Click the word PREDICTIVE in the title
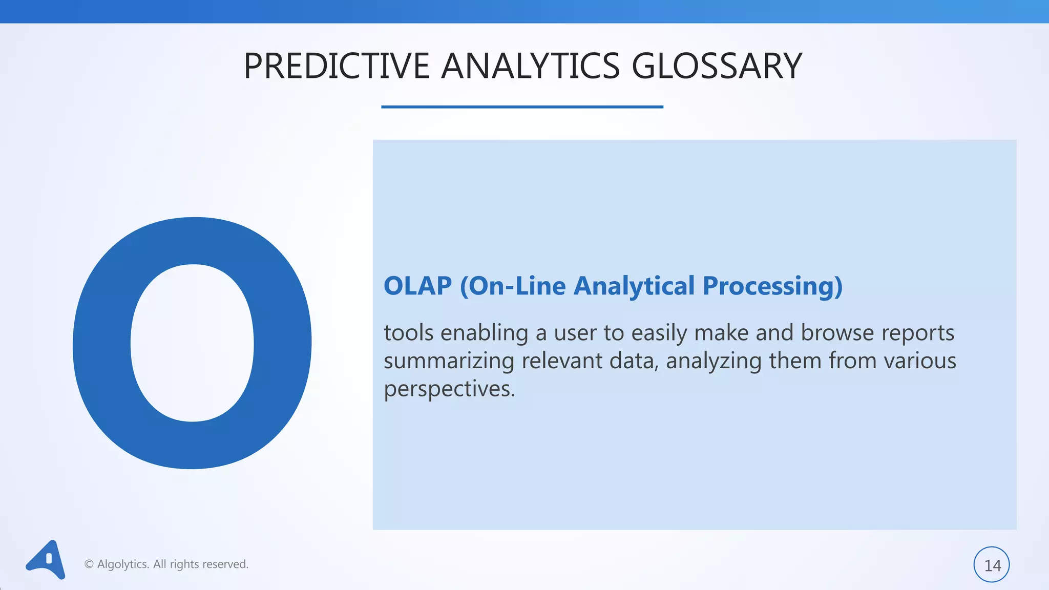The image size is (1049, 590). pyautogui.click(x=336, y=66)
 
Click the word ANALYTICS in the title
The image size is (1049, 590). pyautogui.click(x=530, y=66)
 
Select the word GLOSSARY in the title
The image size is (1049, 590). pyautogui.click(x=716, y=66)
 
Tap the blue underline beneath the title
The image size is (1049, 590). pyautogui.click(x=522, y=107)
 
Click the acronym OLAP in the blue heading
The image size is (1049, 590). pyautogui.click(x=417, y=286)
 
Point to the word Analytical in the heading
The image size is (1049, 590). pyautogui.click(x=634, y=286)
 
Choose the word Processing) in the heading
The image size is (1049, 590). pyautogui.click(x=772, y=286)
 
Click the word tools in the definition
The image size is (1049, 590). pyautogui.click(x=408, y=333)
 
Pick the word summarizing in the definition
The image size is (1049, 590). pyautogui.click(x=449, y=362)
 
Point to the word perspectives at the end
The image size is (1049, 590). pyautogui.click(x=449, y=390)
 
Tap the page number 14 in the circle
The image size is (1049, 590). pyautogui.click(x=992, y=565)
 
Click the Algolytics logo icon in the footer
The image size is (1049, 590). pyautogui.click(x=47, y=560)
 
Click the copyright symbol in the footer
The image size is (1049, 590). pyautogui.click(x=89, y=564)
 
